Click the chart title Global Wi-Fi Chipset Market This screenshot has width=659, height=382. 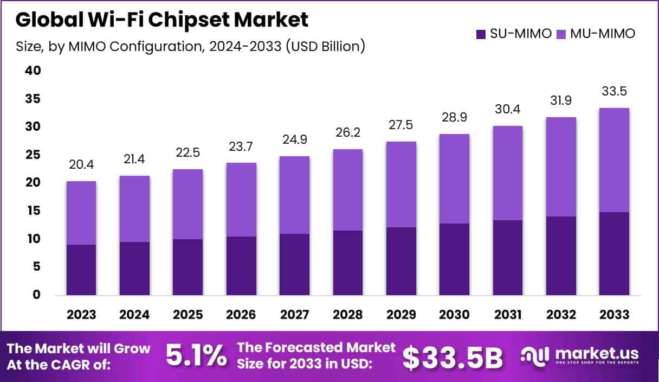tap(161, 20)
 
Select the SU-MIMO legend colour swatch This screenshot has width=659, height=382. tap(481, 34)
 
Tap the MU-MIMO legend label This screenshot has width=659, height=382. tap(602, 34)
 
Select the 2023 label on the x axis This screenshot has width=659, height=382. tap(81, 315)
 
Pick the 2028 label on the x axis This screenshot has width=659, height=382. tap(347, 315)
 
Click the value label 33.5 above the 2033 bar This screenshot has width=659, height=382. tap(614, 91)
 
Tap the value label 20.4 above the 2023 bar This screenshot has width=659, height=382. tap(81, 164)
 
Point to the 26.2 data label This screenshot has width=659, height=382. tap(347, 132)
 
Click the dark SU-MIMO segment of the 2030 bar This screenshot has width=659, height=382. tap(454, 259)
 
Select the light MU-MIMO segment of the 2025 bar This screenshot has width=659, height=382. tap(188, 204)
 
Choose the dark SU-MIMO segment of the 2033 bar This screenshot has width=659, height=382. tap(614, 253)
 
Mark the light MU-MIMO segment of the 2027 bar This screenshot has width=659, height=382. tap(294, 195)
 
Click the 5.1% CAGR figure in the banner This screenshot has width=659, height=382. tap(196, 356)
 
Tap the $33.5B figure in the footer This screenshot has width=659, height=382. tap(453, 357)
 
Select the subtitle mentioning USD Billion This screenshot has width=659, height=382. tap(190, 47)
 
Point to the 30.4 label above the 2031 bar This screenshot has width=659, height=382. tap(507, 109)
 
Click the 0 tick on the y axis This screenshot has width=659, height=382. tap(36, 295)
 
